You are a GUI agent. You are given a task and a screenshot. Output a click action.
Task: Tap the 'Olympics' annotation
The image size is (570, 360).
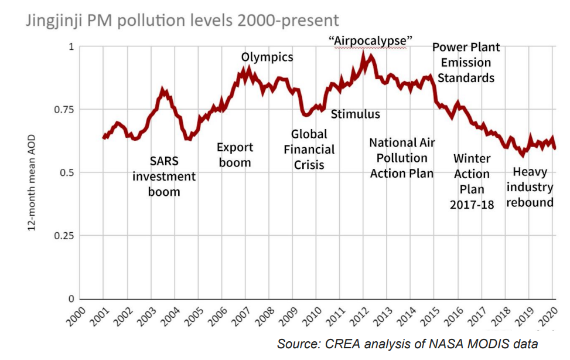click(267, 57)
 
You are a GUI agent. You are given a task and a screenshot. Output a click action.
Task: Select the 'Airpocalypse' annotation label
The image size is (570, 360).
click(371, 41)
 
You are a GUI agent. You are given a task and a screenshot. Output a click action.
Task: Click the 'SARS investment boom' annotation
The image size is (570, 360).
click(164, 176)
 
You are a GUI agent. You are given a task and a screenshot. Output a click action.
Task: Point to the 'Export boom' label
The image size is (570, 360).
click(235, 155)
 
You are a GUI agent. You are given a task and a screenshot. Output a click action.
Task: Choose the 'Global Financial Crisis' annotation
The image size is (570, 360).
click(309, 150)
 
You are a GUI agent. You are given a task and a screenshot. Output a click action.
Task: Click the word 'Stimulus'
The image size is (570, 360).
click(355, 114)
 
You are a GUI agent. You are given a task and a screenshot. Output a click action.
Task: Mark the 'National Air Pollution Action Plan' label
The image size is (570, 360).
click(402, 158)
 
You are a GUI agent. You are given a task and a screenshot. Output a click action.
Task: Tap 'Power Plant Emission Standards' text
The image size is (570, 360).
click(466, 62)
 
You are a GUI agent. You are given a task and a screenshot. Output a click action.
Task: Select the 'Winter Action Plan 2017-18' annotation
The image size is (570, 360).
click(472, 181)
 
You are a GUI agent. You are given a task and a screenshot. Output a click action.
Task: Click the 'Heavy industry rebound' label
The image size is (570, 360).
click(530, 187)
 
